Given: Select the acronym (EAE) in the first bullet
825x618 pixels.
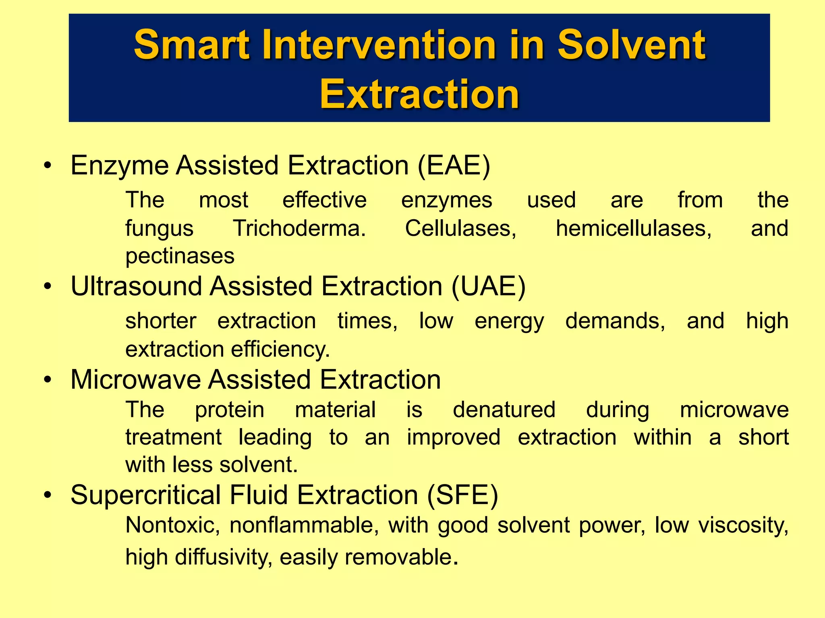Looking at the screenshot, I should [454, 165].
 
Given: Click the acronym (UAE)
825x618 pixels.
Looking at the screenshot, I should [488, 286].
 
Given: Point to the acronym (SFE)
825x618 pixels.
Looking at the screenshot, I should [462, 495].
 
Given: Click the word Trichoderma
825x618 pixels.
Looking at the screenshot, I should [299, 229].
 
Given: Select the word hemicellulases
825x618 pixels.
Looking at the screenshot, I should [634, 229].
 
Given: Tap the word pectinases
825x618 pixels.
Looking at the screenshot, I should [180, 256].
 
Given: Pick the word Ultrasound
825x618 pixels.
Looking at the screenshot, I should [136, 286].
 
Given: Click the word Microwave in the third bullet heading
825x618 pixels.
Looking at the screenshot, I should [135, 379].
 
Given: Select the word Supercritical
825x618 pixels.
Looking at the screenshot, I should [145, 495].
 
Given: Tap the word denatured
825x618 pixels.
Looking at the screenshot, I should [504, 410].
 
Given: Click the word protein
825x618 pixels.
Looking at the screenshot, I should [230, 410].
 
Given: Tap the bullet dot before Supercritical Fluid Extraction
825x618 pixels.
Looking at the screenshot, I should [48, 495].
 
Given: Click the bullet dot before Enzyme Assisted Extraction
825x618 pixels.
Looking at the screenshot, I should [48, 166].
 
